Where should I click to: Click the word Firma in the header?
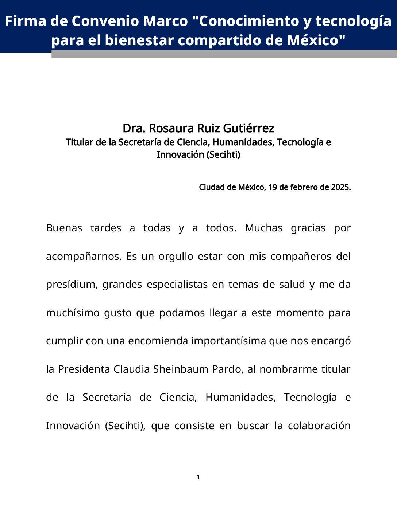[x=26, y=21]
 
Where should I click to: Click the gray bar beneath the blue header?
[x=224, y=54]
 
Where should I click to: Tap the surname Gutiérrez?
[x=248, y=128]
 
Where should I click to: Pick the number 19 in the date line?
[x=272, y=187]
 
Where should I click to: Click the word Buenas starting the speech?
[x=64, y=228]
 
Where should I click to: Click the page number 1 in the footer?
[x=198, y=477]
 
